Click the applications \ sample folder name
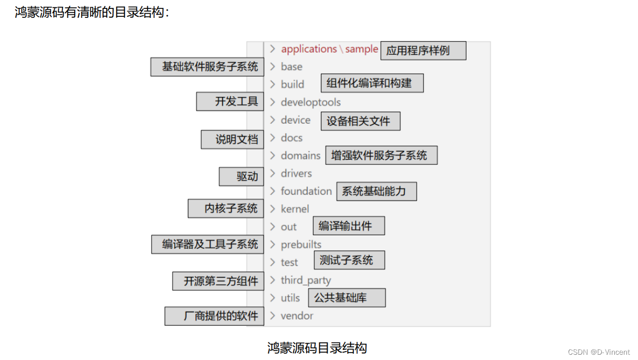coord(329,49)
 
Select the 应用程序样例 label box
coord(423,51)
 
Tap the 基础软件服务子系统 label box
coord(207,67)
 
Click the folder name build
coord(292,84)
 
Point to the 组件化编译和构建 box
coord(372,83)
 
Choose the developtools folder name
coord(310,102)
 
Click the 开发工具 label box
coord(230,102)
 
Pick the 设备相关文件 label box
coord(360,121)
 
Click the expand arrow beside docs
coord(272,138)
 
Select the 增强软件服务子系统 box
coord(381,155)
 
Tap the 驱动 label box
coord(241,177)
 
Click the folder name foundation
coord(306,191)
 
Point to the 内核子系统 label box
coord(226,208)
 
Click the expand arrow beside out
coord(272,227)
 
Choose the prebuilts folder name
coord(301,245)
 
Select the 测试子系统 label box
coord(349,260)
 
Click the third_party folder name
coord(306,281)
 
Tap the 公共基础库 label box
coord(347,298)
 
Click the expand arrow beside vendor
coord(272,316)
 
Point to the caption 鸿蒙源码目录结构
coord(317,348)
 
